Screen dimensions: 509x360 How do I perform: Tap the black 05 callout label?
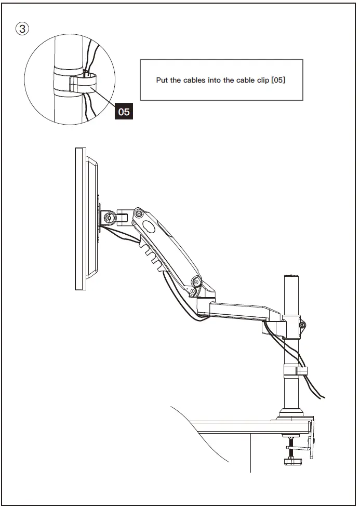coord(124,111)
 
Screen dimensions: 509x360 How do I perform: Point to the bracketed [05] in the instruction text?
coord(278,81)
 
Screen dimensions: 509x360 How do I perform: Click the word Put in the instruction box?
coord(162,81)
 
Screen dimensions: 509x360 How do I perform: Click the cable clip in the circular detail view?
coord(83,83)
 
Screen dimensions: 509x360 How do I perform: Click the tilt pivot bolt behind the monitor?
coord(109,217)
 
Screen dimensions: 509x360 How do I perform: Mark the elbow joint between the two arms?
coord(197,282)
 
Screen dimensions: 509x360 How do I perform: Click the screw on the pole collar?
coord(302,326)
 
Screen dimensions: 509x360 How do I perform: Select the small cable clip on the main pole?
coord(301,371)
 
